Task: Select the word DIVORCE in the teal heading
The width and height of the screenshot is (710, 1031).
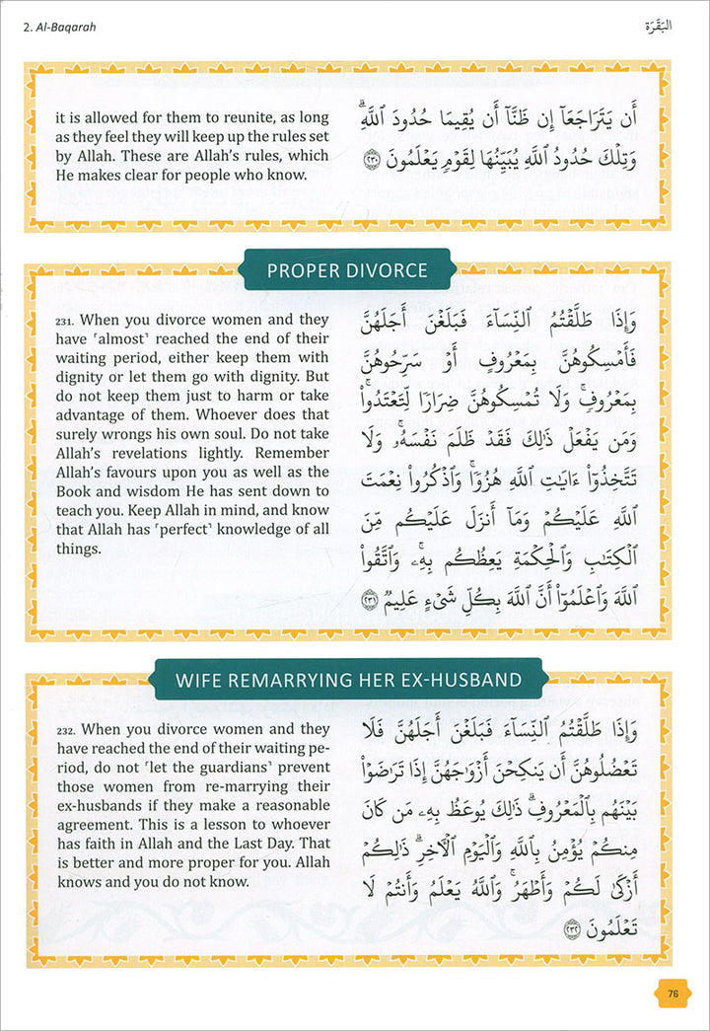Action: (380, 270)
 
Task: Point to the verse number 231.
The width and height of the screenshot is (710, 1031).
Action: (65, 321)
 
